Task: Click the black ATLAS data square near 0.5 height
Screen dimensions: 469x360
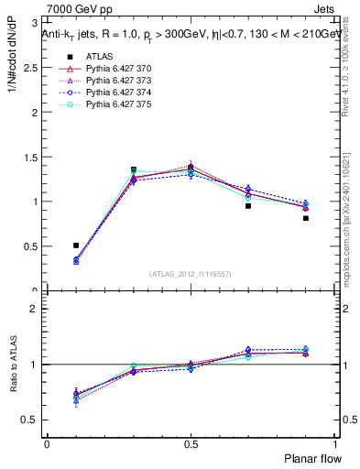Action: click(x=76, y=245)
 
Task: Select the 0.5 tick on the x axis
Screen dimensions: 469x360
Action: click(x=191, y=443)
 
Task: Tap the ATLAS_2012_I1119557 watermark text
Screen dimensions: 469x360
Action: click(x=191, y=274)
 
